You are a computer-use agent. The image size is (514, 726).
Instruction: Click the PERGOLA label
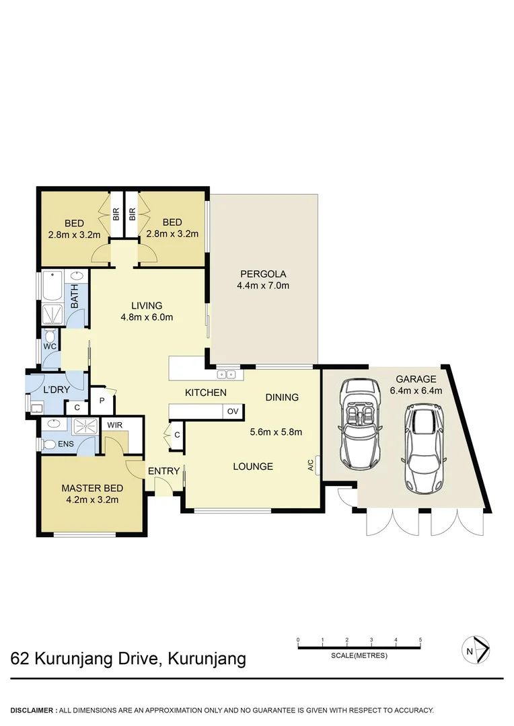[x=264, y=274]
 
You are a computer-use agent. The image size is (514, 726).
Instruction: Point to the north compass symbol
[x=476, y=650]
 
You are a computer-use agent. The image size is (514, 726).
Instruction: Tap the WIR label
[x=115, y=425]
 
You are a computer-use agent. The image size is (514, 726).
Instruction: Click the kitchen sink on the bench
[x=225, y=374]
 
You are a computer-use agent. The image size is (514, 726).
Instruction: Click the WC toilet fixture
[x=50, y=338]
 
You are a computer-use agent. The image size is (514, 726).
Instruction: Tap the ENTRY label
[x=164, y=471]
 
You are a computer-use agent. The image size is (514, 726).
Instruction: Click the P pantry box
[x=102, y=400]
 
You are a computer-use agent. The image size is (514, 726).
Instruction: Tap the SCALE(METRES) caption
[x=359, y=655]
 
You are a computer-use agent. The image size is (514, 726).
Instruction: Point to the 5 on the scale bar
[x=420, y=639]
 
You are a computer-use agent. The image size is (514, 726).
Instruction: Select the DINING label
[x=282, y=397]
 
